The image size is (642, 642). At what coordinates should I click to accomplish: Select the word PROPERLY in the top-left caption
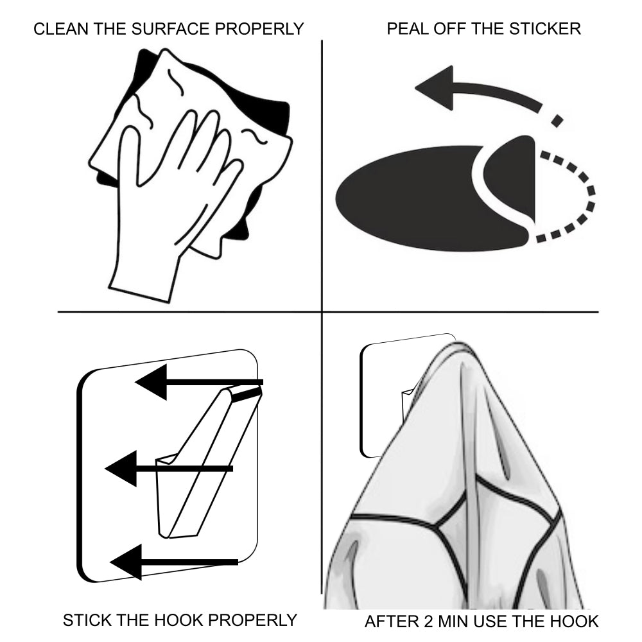click(x=259, y=29)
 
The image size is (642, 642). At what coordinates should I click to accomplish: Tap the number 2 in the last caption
click(x=428, y=621)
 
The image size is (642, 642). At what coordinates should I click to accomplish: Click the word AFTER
click(x=391, y=621)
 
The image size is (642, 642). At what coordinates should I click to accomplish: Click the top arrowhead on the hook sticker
click(x=152, y=382)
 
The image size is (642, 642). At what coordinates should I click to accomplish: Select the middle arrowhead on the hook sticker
click(x=121, y=469)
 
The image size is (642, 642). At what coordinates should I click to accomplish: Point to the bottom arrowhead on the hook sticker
click(x=126, y=562)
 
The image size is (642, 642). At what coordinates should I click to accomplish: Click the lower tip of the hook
click(x=164, y=533)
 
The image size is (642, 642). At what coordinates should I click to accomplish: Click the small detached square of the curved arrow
click(x=557, y=121)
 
